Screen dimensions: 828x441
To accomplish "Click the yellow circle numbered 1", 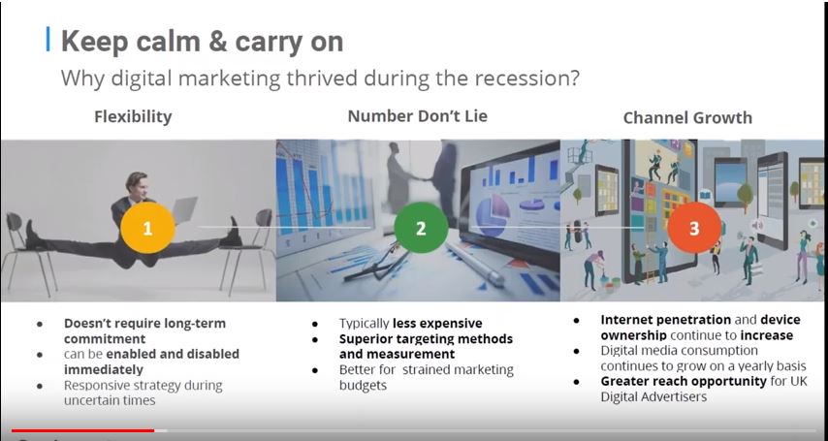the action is (147, 228).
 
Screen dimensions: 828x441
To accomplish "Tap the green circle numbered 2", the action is (421, 228).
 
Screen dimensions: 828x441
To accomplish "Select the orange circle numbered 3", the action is (694, 228).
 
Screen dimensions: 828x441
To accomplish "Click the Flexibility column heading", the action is (133, 116).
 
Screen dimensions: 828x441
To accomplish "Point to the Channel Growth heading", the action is (687, 117).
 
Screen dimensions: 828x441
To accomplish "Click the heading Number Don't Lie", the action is (417, 116).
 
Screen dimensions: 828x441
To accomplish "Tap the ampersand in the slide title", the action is (216, 42).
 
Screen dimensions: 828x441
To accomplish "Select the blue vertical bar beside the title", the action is (48, 40).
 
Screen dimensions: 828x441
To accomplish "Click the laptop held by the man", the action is (184, 209).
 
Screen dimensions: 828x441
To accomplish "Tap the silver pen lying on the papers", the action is (471, 263).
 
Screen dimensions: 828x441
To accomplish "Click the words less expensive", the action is (437, 323).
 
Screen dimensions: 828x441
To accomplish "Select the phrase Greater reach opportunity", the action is (684, 381).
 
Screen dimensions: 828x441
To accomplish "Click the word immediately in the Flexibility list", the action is (104, 369).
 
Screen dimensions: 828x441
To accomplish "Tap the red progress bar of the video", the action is (83, 431).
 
